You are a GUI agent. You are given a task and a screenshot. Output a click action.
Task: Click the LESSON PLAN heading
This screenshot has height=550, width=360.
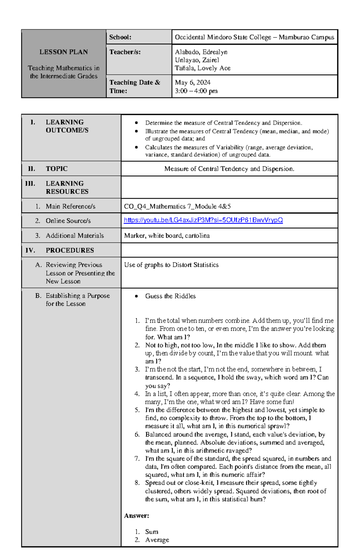point(64,52)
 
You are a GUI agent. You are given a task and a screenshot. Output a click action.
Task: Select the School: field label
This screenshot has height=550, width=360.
point(120,37)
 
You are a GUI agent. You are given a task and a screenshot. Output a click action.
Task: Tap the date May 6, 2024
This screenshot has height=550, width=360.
point(193,82)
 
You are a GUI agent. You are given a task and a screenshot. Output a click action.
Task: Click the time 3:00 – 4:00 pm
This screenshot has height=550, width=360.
point(196,91)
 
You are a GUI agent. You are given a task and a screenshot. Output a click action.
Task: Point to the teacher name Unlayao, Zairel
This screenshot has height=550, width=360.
point(197,60)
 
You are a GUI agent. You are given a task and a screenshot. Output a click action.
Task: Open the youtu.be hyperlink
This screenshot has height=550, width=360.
point(203,220)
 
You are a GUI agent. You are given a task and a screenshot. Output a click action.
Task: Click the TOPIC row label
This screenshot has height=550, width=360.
point(57,169)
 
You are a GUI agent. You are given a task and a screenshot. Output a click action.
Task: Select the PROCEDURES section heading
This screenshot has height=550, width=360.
point(70,250)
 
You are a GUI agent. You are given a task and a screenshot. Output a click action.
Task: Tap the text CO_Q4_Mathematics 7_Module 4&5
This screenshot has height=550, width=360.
point(177,206)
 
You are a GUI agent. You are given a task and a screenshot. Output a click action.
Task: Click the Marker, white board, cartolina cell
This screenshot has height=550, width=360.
point(167,236)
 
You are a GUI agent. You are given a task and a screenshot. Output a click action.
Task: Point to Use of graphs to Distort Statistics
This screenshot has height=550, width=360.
point(171,265)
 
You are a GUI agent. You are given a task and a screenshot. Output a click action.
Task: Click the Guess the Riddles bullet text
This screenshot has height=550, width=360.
point(170,296)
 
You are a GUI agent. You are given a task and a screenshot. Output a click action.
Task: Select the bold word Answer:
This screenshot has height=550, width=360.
point(136,516)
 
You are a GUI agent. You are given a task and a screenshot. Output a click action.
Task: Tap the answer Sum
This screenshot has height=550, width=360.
point(151,532)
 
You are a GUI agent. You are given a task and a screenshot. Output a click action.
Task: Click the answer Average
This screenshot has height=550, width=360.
point(157,540)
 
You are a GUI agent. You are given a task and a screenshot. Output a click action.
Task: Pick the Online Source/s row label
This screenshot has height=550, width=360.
point(68,221)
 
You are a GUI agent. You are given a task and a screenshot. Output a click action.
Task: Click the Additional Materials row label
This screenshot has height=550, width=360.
point(75,236)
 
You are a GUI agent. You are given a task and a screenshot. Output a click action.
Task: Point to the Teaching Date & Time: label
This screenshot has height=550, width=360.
point(135,86)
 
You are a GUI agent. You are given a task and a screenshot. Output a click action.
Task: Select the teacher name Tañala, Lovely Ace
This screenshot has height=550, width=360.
point(202,68)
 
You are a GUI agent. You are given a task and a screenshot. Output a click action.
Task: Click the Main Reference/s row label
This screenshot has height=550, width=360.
point(70,206)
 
